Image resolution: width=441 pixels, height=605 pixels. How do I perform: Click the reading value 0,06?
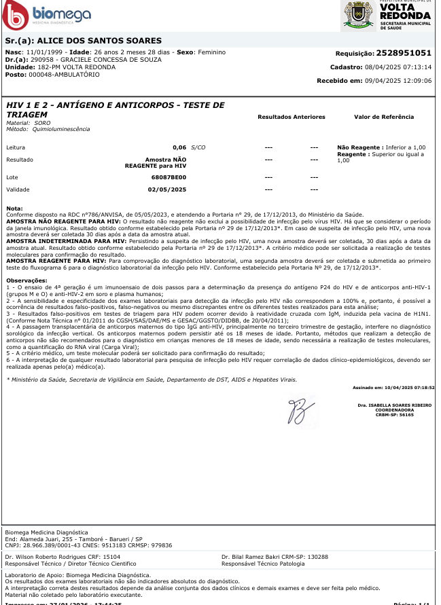tap(179, 147)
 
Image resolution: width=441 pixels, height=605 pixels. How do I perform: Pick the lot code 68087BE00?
tap(169, 177)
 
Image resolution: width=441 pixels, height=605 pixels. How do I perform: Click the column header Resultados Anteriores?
tap(292, 117)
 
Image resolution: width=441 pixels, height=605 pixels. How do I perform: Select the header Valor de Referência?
tap(384, 117)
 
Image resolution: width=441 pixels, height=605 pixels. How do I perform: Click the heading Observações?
tap(27, 280)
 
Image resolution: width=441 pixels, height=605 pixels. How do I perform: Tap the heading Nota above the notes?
tap(14, 208)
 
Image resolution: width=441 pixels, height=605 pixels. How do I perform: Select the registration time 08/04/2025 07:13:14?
tap(399, 67)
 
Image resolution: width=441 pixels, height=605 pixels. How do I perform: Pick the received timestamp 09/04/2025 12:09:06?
tap(399, 81)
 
